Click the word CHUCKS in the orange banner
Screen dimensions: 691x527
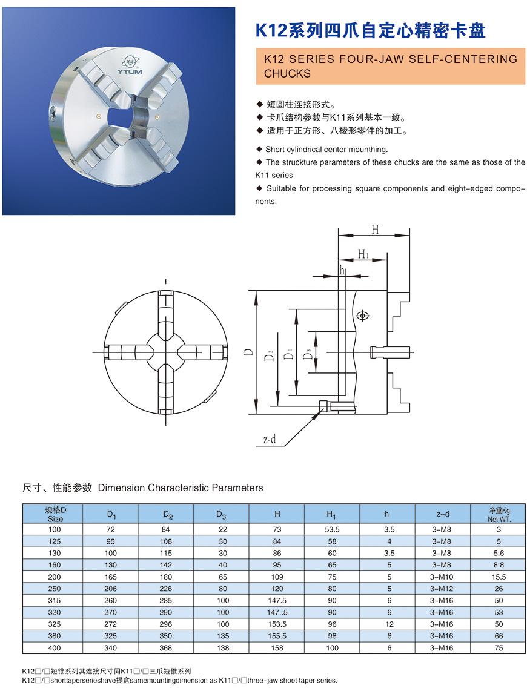(287, 74)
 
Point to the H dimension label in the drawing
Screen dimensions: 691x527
(374, 230)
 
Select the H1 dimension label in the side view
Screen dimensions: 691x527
(363, 254)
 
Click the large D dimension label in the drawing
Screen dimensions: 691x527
(248, 352)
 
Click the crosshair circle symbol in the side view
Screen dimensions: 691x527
(362, 316)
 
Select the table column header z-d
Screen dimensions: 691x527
(442, 514)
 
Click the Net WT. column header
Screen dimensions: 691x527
(499, 515)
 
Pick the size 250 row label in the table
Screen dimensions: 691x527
(55, 588)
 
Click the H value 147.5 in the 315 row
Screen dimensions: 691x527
(277, 600)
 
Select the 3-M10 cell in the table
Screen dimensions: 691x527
(442, 577)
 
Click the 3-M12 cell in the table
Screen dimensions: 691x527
(442, 588)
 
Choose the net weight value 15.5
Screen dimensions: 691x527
(499, 577)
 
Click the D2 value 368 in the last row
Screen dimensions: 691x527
(167, 647)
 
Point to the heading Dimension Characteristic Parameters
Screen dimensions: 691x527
(181, 488)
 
